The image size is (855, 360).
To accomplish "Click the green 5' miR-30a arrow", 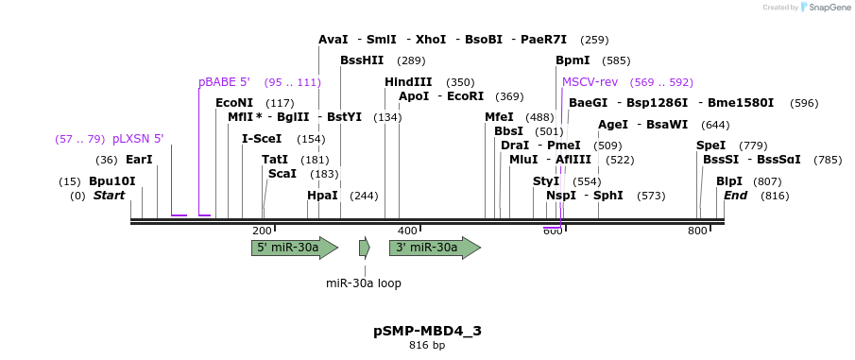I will click(x=294, y=248).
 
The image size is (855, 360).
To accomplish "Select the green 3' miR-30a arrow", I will click(x=434, y=248).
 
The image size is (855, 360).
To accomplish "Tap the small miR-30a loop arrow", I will click(x=364, y=248).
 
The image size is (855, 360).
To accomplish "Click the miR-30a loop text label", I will click(x=364, y=283).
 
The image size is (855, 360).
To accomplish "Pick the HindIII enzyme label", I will click(x=408, y=82).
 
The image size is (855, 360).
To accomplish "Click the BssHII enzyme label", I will click(x=362, y=60).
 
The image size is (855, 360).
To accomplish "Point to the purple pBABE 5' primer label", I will click(x=224, y=82).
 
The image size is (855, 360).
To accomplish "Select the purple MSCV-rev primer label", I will click(x=590, y=82).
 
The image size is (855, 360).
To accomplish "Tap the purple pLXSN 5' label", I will click(x=138, y=139).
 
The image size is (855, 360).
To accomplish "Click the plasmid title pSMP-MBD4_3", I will click(x=427, y=331).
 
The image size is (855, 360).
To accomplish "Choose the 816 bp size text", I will click(x=427, y=346).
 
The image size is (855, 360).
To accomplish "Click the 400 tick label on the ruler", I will click(x=407, y=231).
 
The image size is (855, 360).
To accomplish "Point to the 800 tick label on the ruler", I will click(x=697, y=231).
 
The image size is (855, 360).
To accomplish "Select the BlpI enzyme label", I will click(x=728, y=180).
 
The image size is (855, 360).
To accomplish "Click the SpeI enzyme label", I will click(x=710, y=146).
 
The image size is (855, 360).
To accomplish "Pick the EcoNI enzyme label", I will click(x=234, y=103).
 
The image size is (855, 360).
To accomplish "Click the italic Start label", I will click(x=109, y=196).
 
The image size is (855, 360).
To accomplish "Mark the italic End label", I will click(x=735, y=196).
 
